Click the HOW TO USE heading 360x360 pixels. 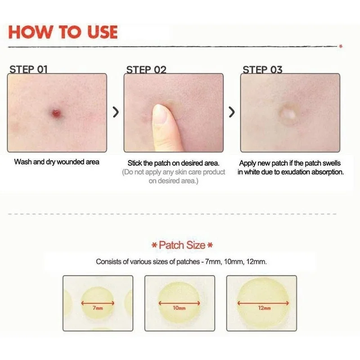tap(63, 32)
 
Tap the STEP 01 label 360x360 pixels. tap(28, 69)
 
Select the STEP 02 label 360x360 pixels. tap(146, 69)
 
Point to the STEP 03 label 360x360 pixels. tap(262, 69)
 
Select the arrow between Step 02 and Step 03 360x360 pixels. tap(232, 112)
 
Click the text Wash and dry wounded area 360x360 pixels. tap(57, 162)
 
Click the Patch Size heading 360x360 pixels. tap(182, 245)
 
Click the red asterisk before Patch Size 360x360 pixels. tap(154, 246)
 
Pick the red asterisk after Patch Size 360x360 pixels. tap(210, 246)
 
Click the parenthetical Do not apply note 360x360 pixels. tap(174, 176)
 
